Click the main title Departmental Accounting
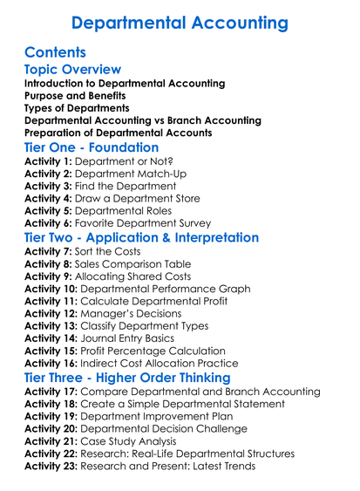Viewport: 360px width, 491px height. pyautogui.click(x=180, y=21)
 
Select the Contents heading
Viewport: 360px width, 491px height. pyautogui.click(x=56, y=52)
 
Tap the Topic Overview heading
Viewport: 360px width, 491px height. pyautogui.click(x=72, y=70)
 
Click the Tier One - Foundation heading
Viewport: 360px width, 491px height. pyautogui.click(x=92, y=147)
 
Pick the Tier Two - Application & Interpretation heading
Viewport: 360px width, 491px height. pyautogui.click(x=141, y=237)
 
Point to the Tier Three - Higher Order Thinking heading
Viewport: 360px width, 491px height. pyautogui.click(x=126, y=378)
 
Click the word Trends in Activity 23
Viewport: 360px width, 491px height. pyautogui.click(x=235, y=466)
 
